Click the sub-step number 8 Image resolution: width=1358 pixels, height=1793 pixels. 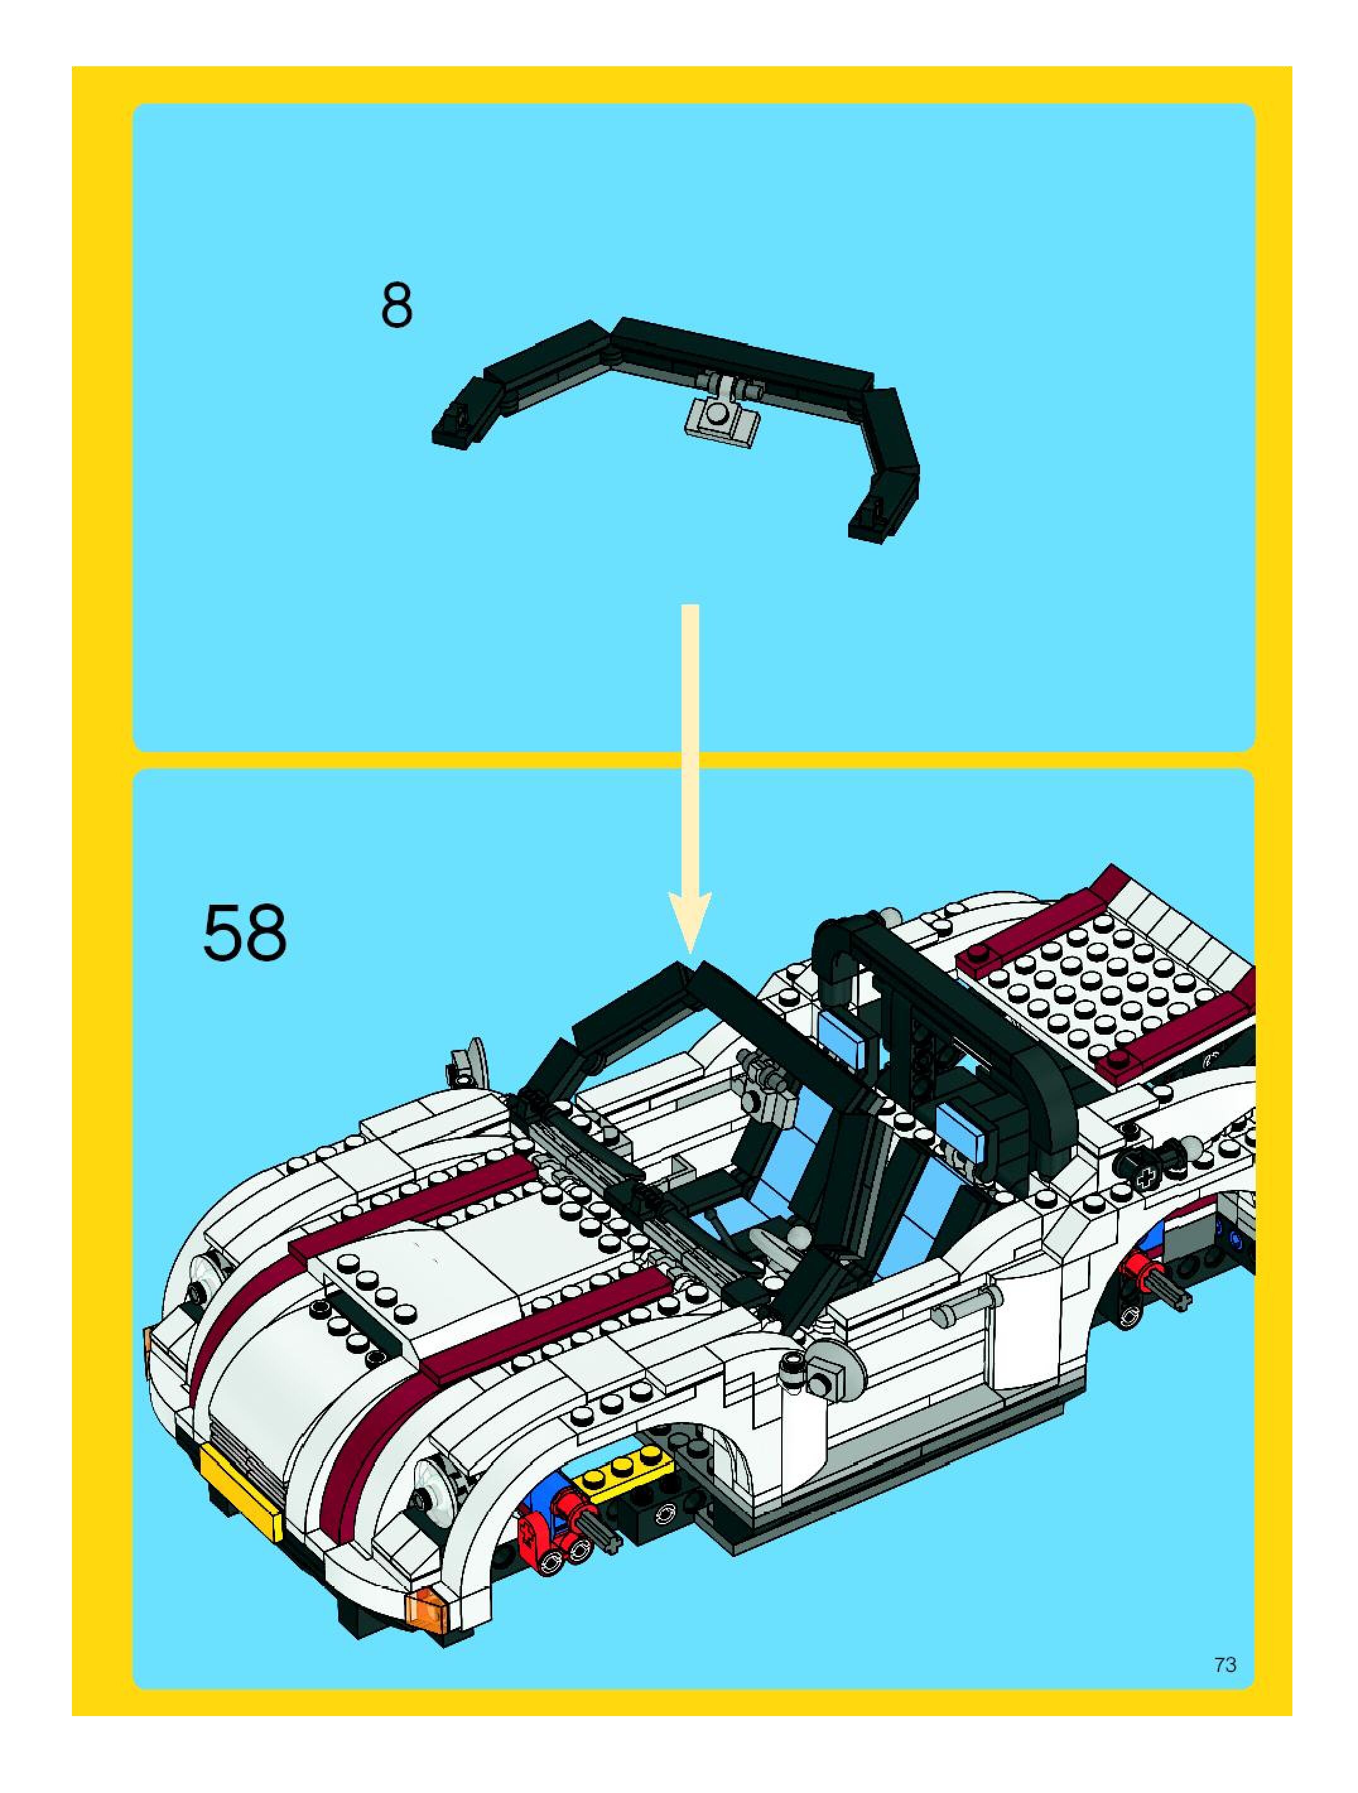[396, 305]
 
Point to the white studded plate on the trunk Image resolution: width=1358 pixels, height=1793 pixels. [1094, 981]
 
